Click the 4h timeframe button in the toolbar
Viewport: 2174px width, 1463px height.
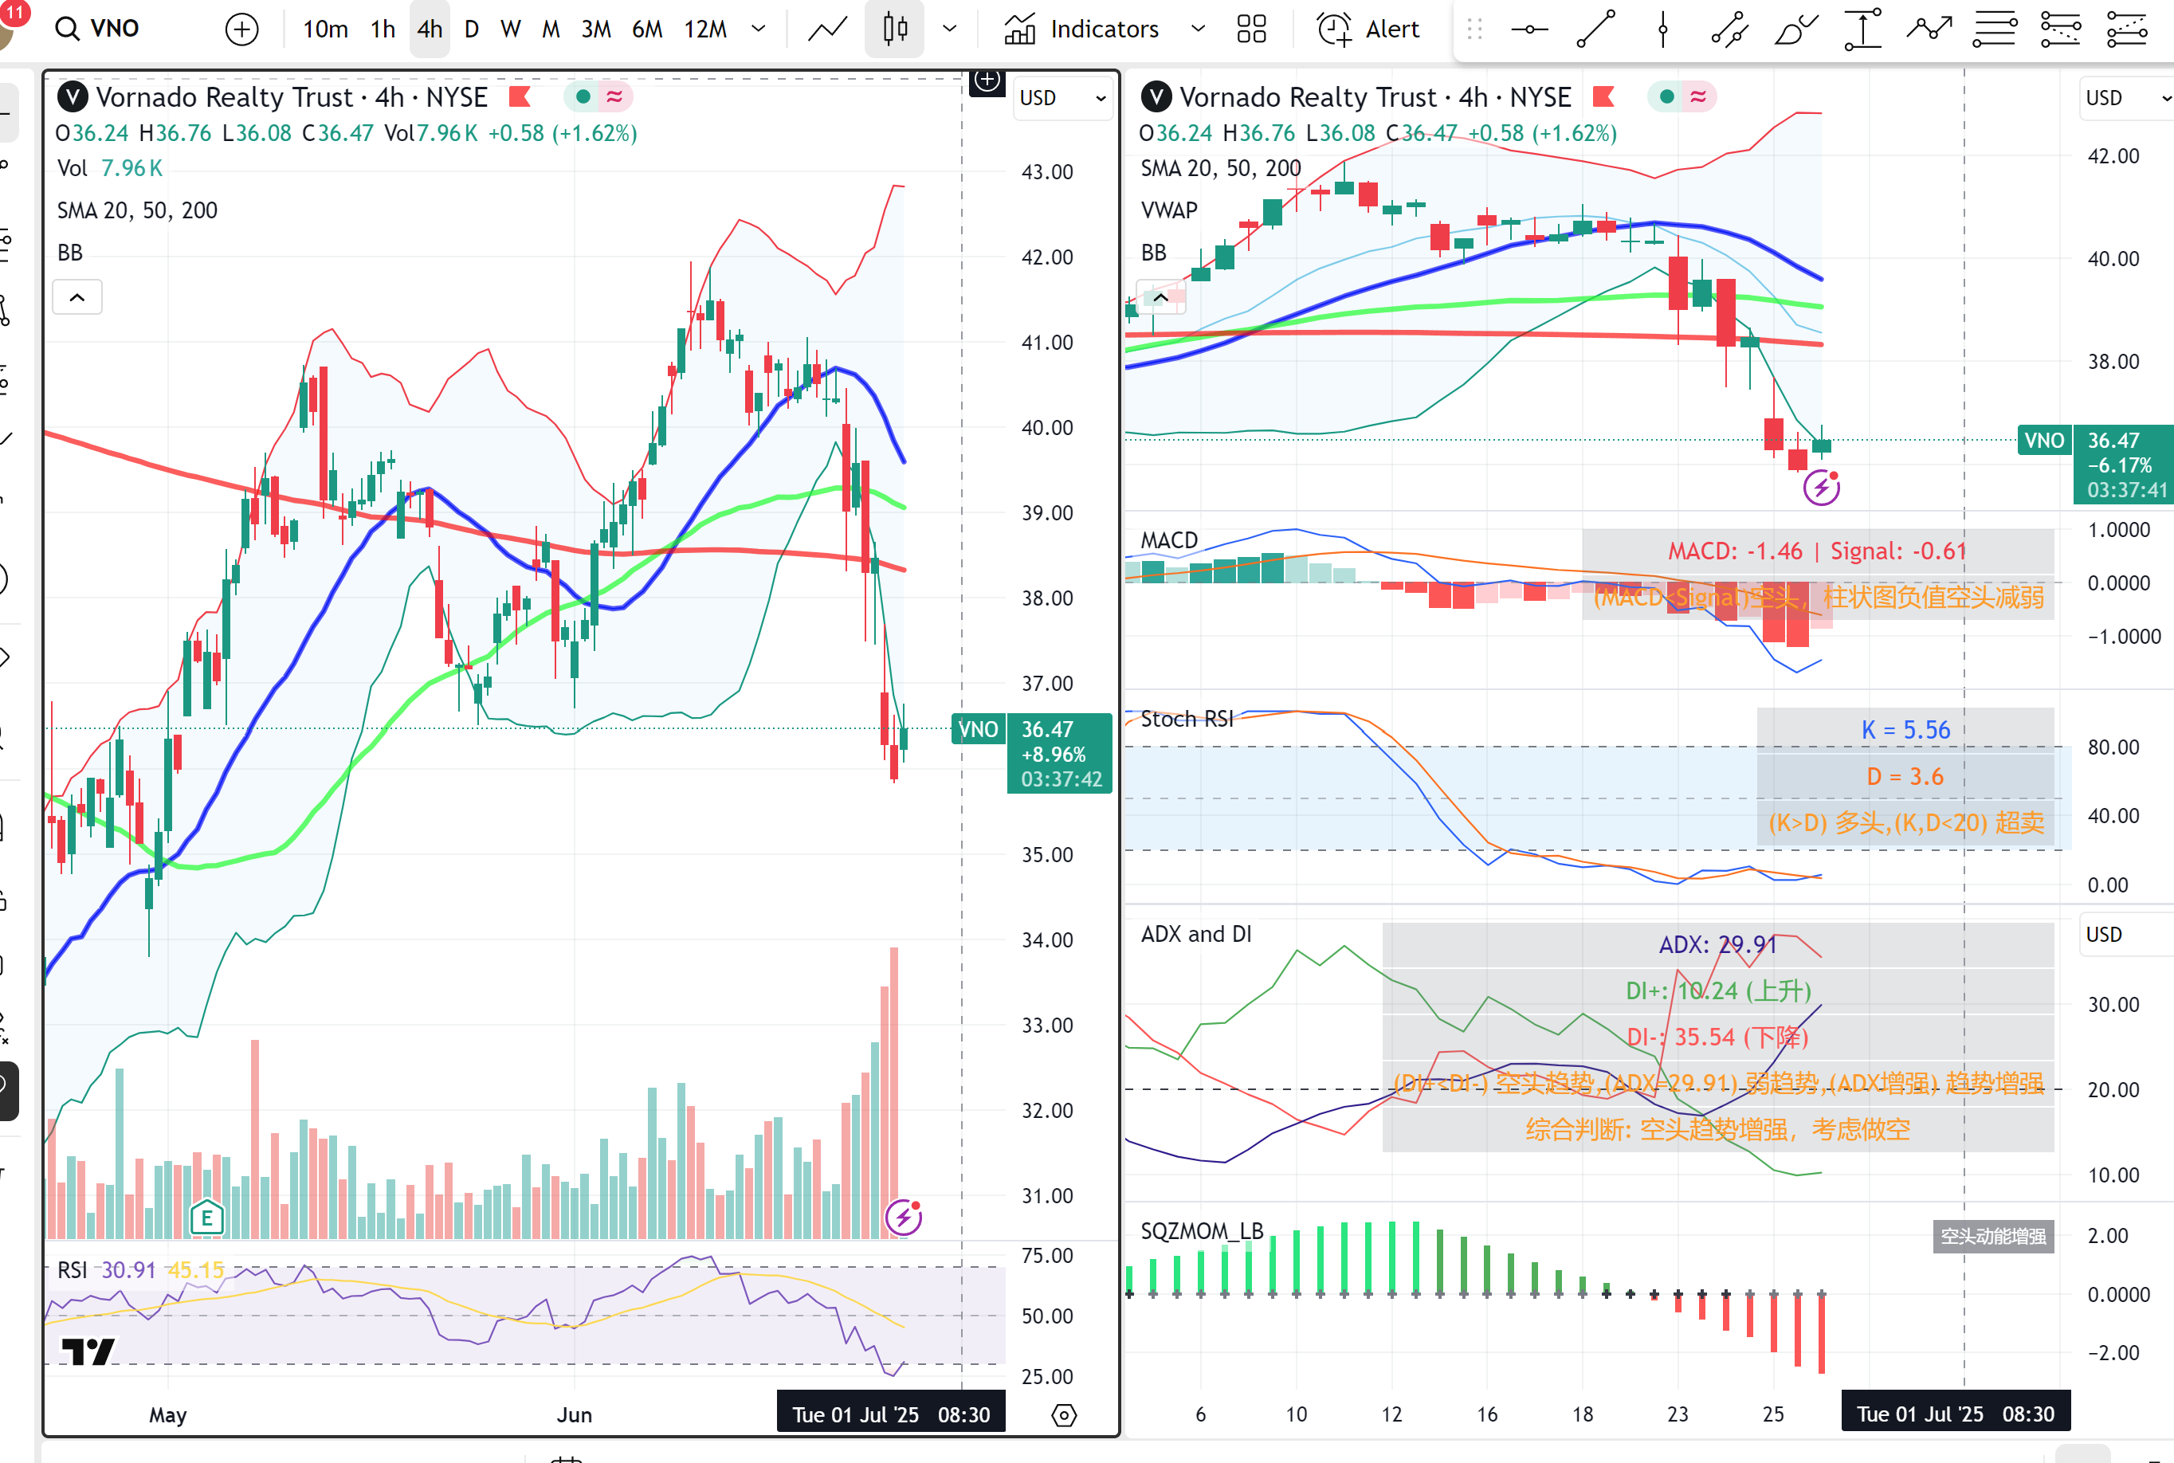point(430,29)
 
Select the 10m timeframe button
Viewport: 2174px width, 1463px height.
point(324,29)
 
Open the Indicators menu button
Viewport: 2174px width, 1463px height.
point(1082,29)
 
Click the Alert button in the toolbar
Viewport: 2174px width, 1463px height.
point(1369,29)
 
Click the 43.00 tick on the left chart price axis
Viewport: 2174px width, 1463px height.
point(1047,171)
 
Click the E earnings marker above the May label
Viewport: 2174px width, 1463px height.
point(207,1217)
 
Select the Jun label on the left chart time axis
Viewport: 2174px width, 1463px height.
point(574,1414)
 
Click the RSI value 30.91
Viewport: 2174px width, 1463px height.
point(128,1270)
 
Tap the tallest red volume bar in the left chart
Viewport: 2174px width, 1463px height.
point(894,1092)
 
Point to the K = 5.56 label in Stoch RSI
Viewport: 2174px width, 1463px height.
point(1905,730)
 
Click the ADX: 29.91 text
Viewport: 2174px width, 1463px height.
point(1717,944)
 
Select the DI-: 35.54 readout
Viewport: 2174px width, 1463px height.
point(1717,1037)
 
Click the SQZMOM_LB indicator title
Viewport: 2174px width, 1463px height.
point(1202,1230)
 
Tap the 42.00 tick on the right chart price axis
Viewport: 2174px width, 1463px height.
point(2113,156)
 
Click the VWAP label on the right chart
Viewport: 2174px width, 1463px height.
point(1169,210)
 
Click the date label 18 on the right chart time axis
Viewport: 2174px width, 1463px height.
point(1583,1414)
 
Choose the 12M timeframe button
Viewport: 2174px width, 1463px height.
point(705,29)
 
